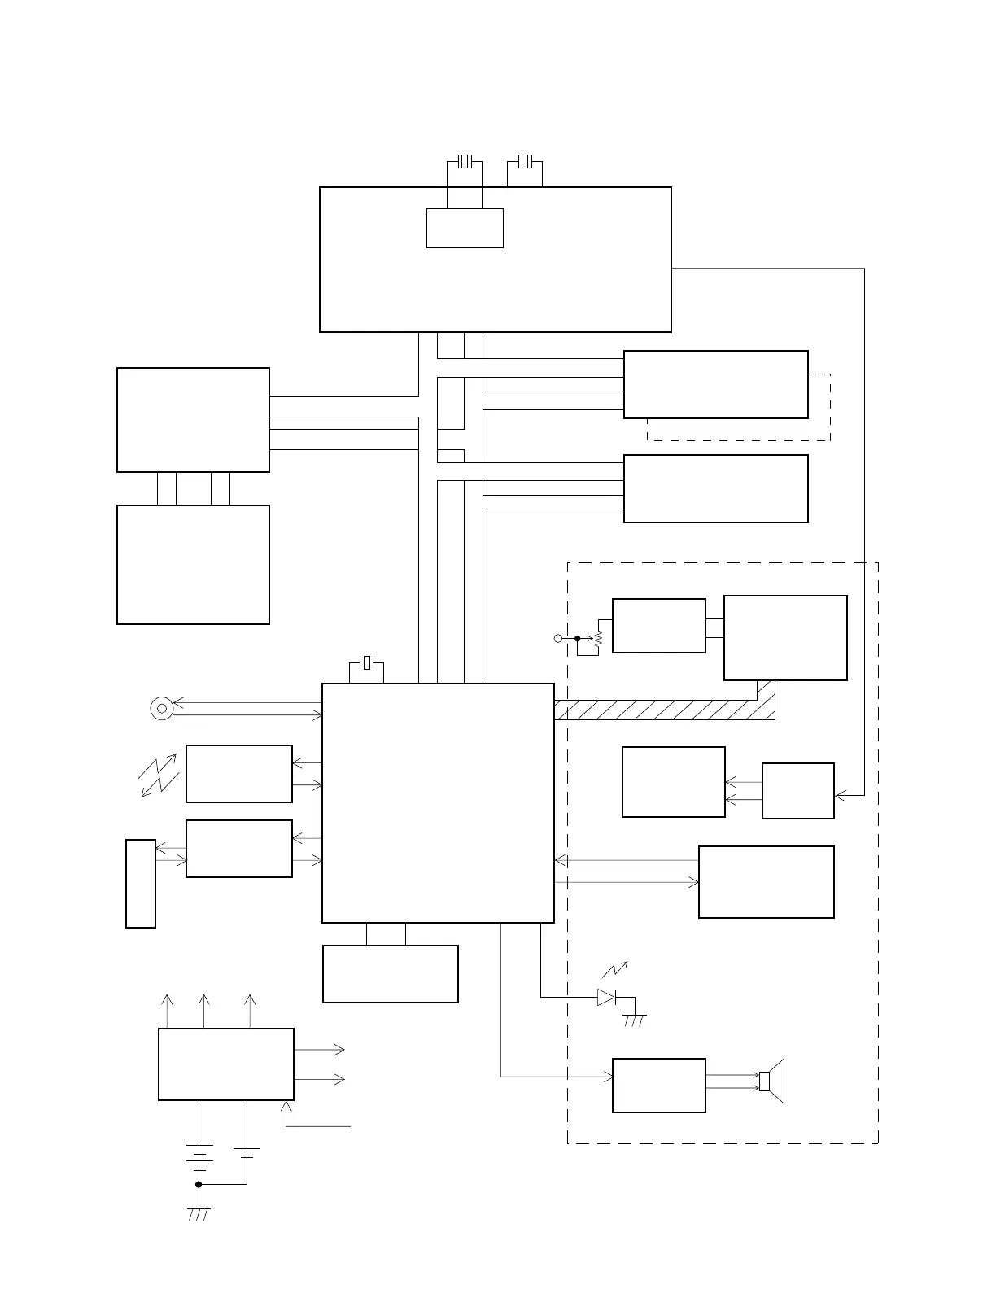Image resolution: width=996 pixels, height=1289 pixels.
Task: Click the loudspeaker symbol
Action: [771, 1081]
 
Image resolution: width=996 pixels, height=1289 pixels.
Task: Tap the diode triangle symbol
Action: [606, 997]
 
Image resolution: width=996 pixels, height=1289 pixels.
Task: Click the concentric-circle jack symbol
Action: [162, 709]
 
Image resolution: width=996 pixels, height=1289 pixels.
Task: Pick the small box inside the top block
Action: [465, 228]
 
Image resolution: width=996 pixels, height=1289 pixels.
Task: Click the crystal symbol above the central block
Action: [367, 663]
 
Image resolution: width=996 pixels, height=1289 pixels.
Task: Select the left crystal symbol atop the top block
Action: [465, 161]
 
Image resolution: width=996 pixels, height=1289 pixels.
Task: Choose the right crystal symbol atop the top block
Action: [525, 161]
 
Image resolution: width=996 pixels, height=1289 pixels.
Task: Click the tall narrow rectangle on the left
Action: [141, 883]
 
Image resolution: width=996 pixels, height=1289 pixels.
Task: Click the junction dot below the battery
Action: [199, 1184]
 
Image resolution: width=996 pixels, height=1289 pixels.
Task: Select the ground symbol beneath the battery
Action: [199, 1213]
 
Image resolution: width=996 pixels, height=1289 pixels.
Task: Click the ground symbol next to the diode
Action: [635, 1020]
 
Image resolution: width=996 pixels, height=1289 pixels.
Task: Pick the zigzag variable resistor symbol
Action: [598, 640]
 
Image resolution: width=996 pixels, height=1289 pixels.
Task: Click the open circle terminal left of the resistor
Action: [558, 639]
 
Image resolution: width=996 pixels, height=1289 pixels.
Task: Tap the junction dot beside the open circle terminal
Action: [577, 639]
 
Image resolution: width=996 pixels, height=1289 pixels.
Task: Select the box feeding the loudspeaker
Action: [658, 1085]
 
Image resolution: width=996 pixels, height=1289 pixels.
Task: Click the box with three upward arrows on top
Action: [225, 1064]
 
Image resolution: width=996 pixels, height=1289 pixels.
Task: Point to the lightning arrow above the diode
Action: [615, 968]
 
